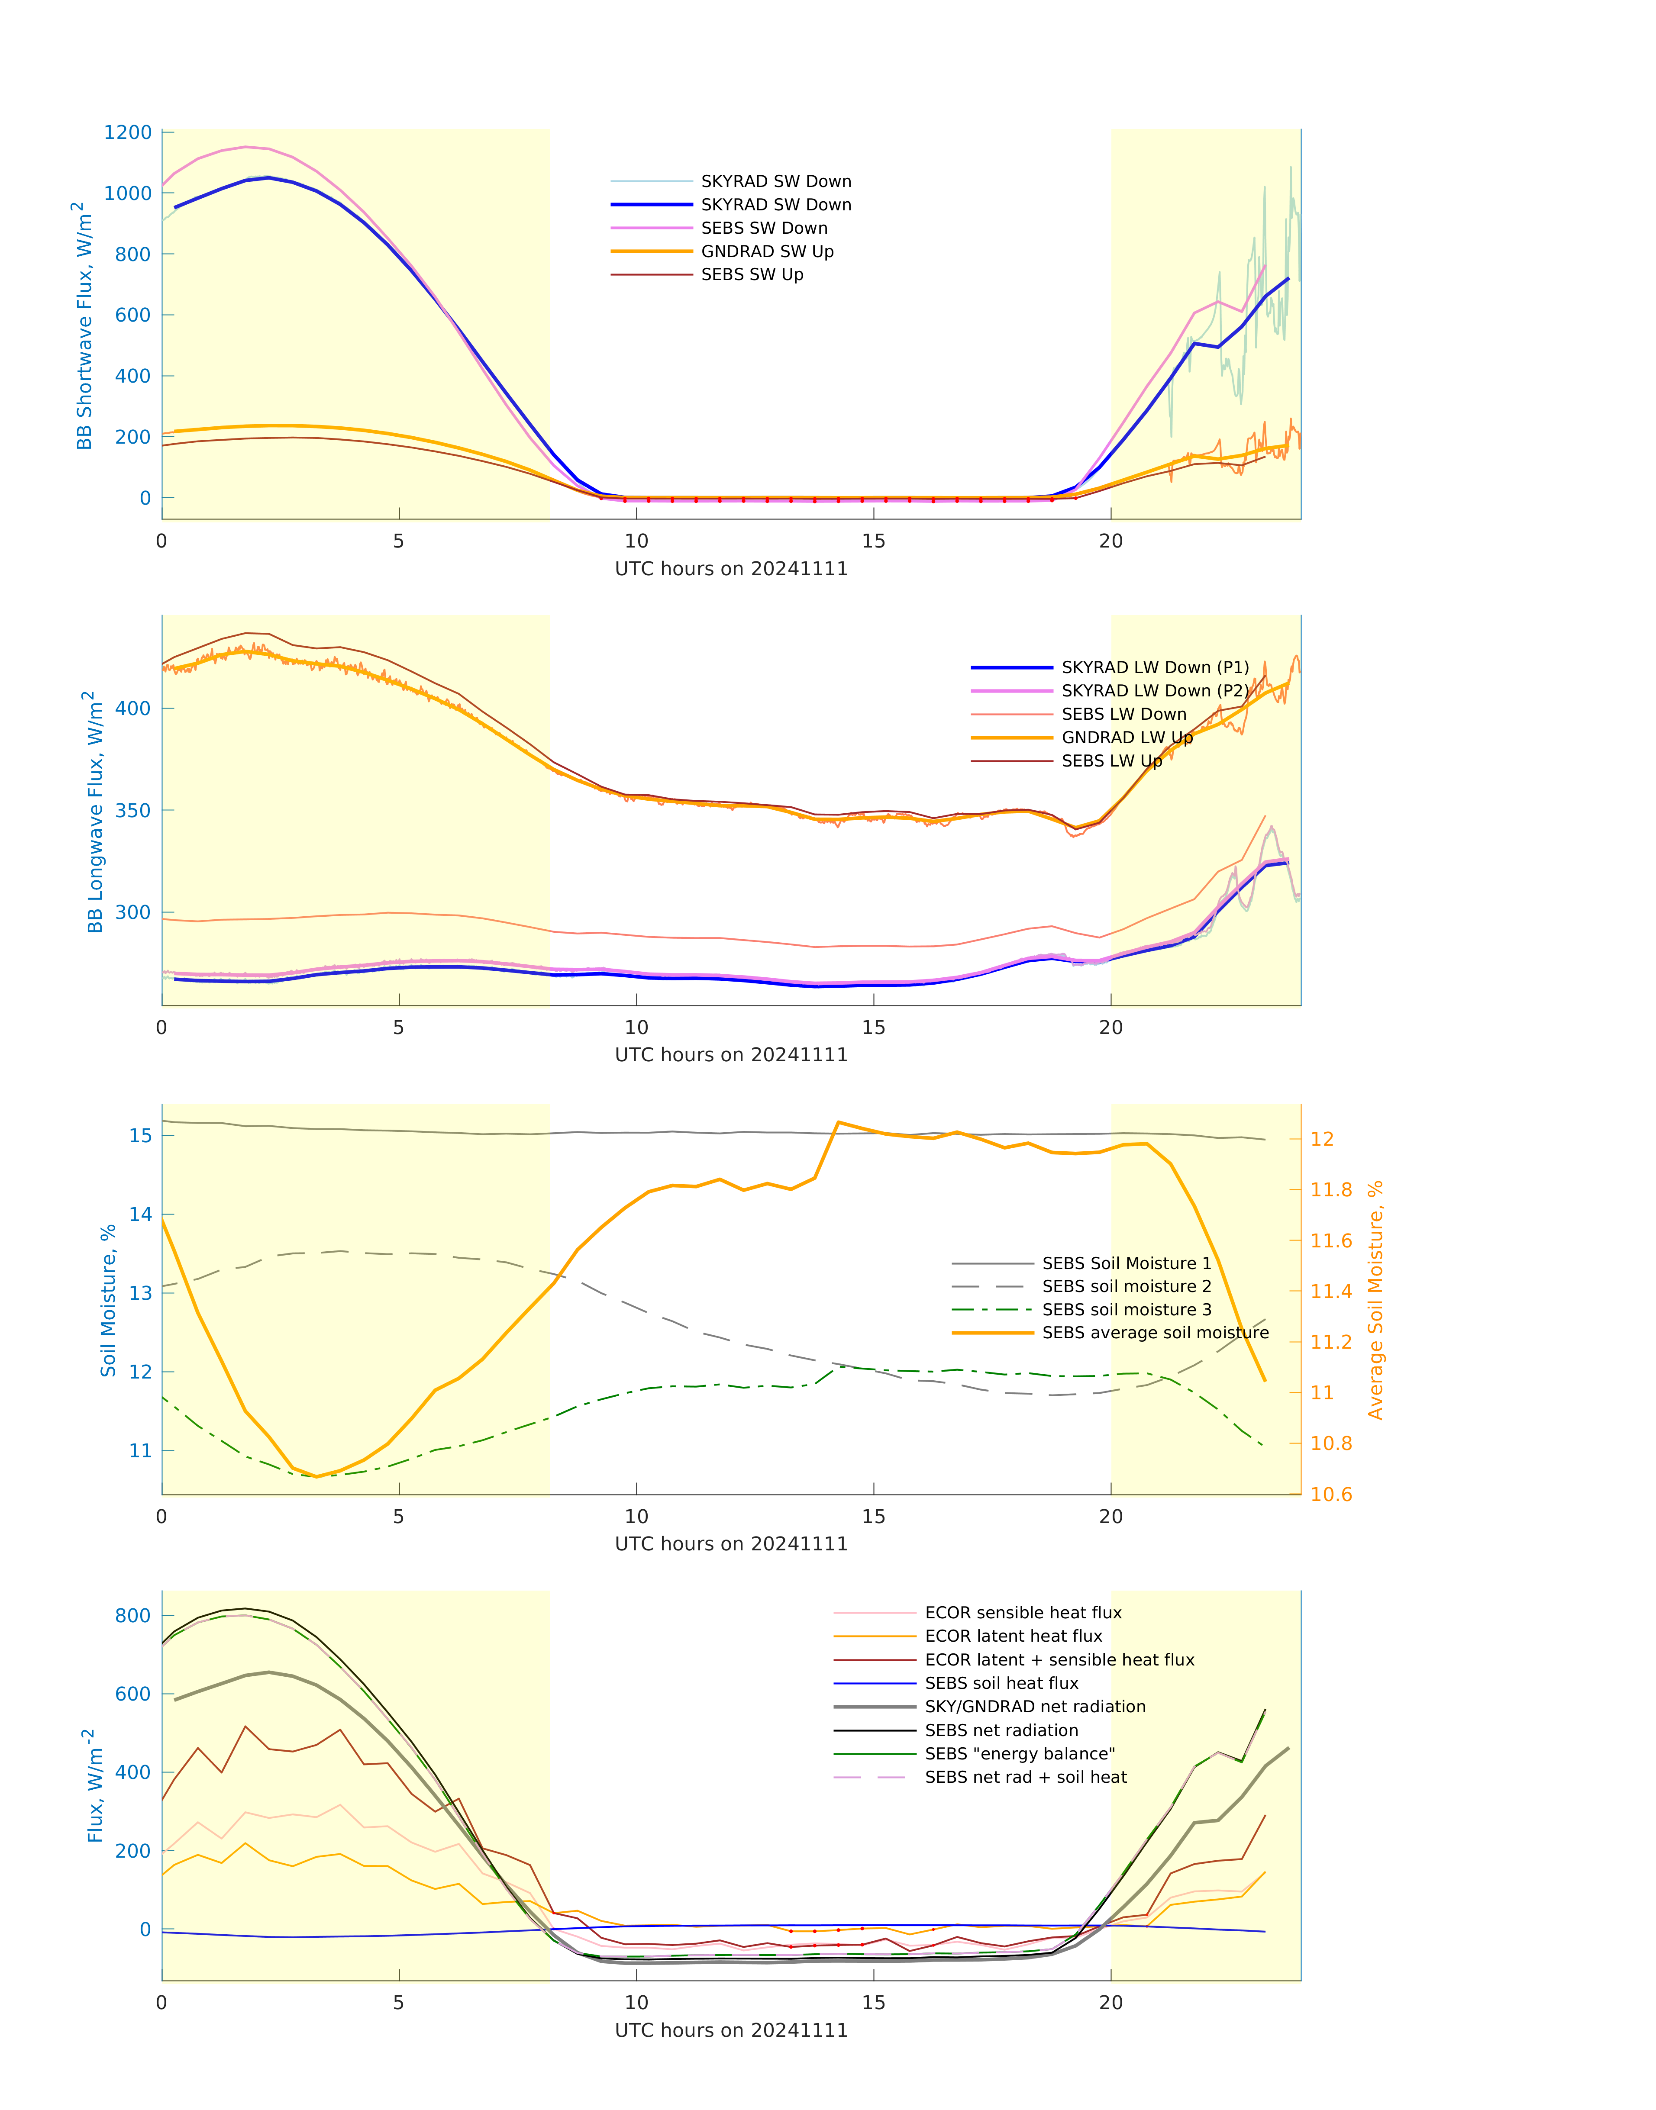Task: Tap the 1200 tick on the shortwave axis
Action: click(x=128, y=133)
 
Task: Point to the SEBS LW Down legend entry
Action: click(x=1123, y=714)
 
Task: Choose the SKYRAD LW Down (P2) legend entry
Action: click(x=1154, y=691)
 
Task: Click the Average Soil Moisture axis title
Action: click(x=1375, y=1300)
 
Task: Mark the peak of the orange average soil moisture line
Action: click(x=839, y=1122)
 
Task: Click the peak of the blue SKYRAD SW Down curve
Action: click(x=268, y=177)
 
